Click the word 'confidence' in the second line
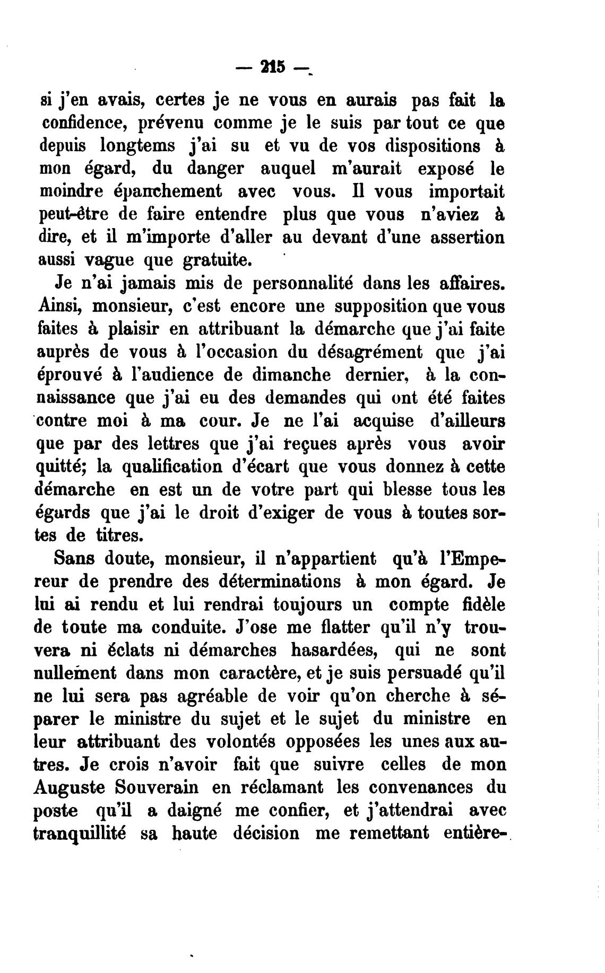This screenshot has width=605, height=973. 85,122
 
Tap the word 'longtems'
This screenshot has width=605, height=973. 139,145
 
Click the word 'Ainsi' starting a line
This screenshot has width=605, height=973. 58,306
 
